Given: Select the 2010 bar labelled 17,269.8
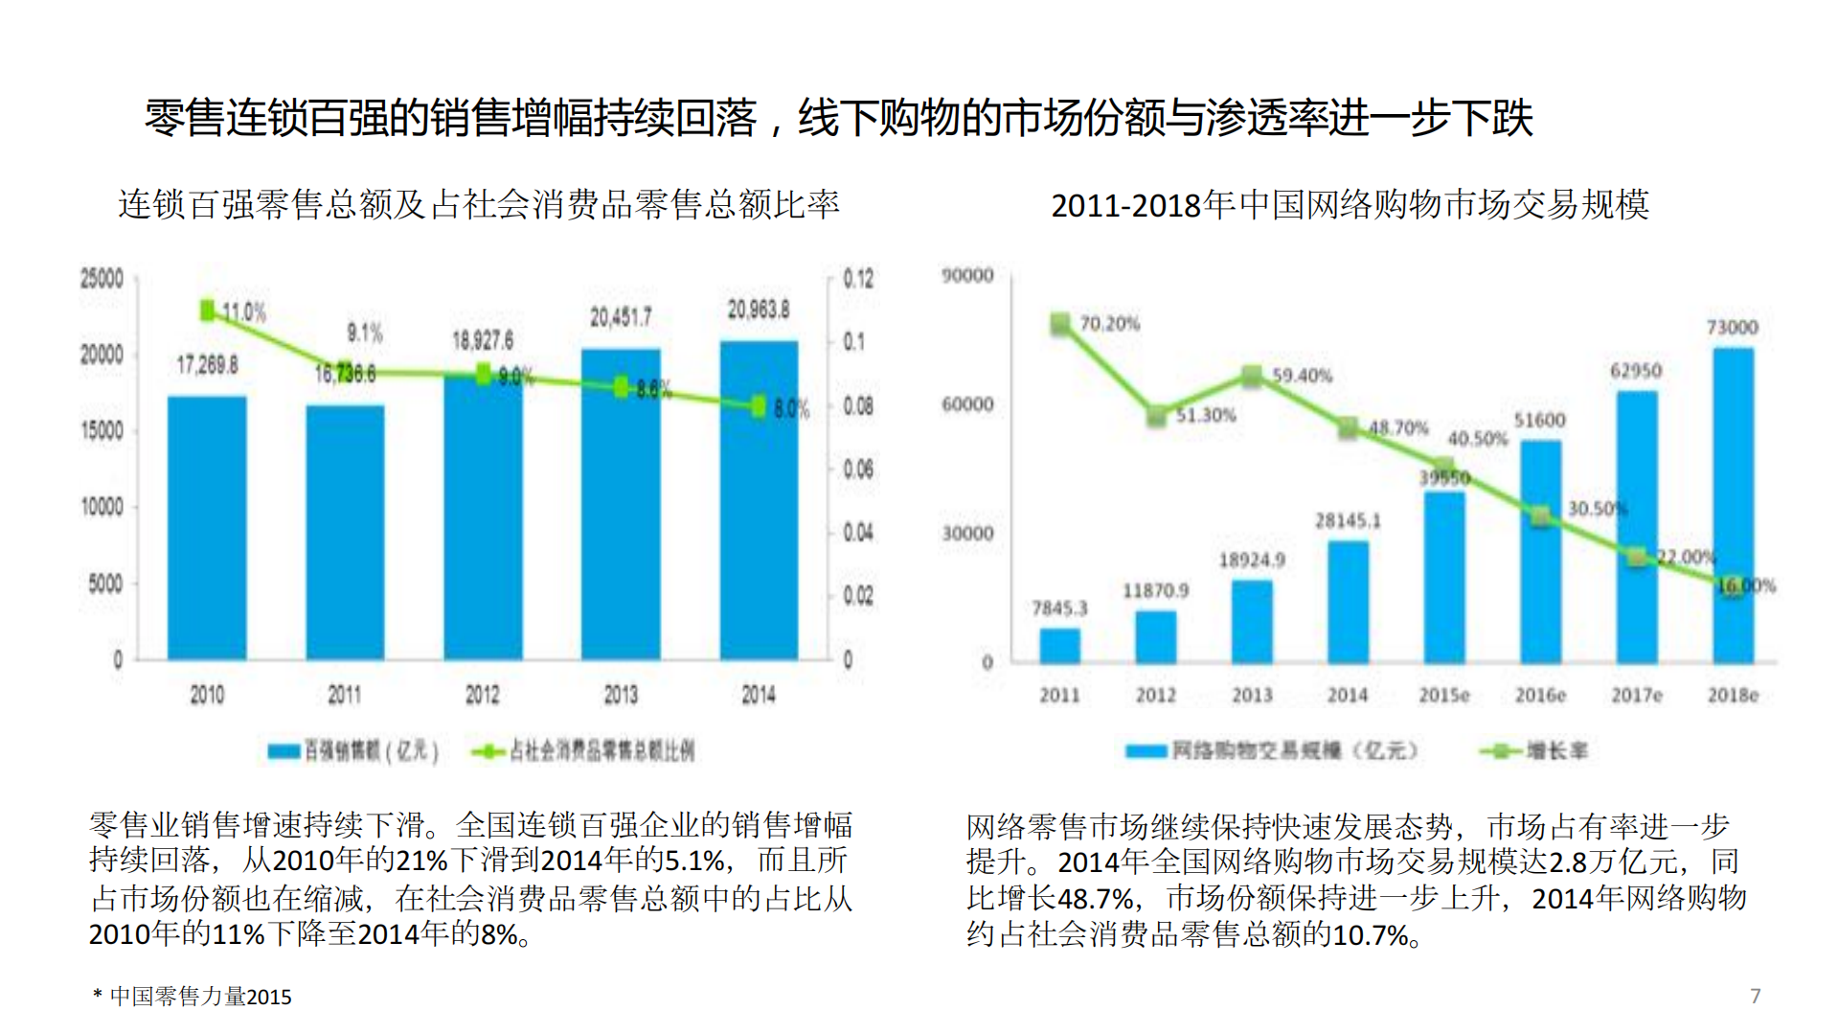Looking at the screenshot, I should [x=207, y=527].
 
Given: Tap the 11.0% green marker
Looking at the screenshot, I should [x=208, y=310].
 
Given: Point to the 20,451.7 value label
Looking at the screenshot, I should [x=621, y=317].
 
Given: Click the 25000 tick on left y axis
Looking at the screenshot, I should [x=102, y=279].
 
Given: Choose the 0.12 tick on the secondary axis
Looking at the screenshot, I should [x=858, y=279].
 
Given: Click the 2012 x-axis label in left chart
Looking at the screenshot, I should [x=482, y=695].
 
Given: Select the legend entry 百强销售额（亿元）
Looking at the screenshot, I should [x=354, y=751].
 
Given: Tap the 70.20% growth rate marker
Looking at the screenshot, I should [x=1060, y=324].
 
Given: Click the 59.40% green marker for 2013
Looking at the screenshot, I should [x=1252, y=377].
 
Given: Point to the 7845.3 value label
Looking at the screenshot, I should [x=1059, y=609].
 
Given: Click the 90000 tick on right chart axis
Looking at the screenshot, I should [x=967, y=276].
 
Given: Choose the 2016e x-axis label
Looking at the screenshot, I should [x=1540, y=696].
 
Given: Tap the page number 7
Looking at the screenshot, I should [x=1755, y=997].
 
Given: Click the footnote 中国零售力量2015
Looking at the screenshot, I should [x=200, y=998].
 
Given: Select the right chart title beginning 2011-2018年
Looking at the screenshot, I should [x=1350, y=205].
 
